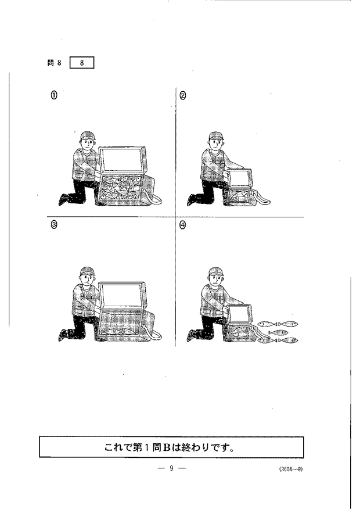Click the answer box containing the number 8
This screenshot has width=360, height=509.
pyautogui.click(x=82, y=63)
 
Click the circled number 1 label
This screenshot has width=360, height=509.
pyautogui.click(x=54, y=95)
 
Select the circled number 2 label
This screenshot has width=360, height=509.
pyautogui.click(x=182, y=95)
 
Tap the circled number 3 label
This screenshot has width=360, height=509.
pyautogui.click(x=54, y=224)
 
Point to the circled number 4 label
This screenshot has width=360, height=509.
pyautogui.click(x=182, y=224)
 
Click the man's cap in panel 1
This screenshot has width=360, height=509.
pyautogui.click(x=88, y=135)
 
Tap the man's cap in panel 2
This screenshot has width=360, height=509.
pyautogui.click(x=216, y=135)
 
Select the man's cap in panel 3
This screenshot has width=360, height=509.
pyautogui.click(x=88, y=271)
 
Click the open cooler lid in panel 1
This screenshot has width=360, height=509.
pyautogui.click(x=122, y=160)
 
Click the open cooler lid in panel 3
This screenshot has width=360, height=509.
pyautogui.click(x=122, y=296)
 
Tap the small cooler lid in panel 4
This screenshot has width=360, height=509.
pyautogui.click(x=240, y=313)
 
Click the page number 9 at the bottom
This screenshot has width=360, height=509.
pyautogui.click(x=171, y=468)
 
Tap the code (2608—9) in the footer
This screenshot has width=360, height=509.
pyautogui.click(x=290, y=469)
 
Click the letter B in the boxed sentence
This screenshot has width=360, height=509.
pyautogui.click(x=167, y=447)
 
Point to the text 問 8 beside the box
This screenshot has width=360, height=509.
pyautogui.click(x=54, y=63)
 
